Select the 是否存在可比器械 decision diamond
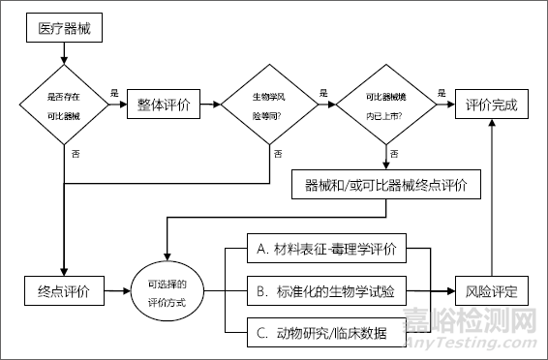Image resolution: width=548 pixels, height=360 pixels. tap(63, 105)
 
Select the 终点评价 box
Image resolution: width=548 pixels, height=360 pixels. tap(65, 291)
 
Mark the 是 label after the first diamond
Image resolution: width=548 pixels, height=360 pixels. tap(114, 93)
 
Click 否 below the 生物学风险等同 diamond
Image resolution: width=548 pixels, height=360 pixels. tap(278, 153)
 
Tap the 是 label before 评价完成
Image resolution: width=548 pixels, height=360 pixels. tap(441, 93)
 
